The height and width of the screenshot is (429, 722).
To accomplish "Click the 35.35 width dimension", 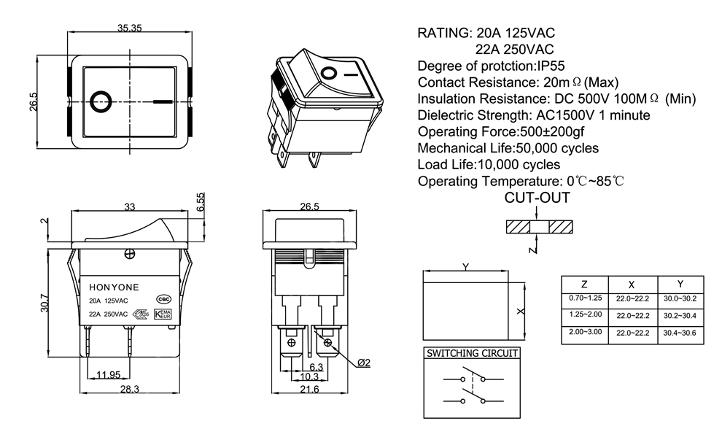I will coord(130,28).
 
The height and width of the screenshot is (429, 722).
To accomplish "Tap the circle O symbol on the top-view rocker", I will coord(99,100).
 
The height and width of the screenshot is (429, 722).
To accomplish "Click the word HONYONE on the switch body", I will coord(109,286).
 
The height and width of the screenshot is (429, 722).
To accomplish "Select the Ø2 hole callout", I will coord(364,363).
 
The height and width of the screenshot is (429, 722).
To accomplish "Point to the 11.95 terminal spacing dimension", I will coord(108,375).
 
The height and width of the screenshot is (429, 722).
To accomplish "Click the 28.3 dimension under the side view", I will coord(129,390).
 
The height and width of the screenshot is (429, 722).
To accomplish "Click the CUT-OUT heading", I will coord(537,198).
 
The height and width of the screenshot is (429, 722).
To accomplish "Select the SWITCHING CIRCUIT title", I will coord(473,353).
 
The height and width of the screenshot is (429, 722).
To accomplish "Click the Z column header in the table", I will coord(585,284).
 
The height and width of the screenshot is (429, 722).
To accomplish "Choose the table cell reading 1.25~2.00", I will coord(585,314).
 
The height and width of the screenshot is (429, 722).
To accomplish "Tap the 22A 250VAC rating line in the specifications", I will coord(513,49).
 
